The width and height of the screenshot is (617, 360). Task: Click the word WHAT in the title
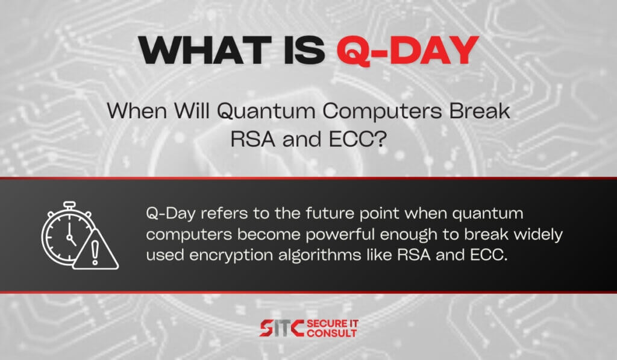(205, 51)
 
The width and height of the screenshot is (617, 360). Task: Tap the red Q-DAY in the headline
(408, 51)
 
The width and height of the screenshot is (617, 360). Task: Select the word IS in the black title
(304, 51)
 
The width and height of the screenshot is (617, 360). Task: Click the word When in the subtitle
(137, 111)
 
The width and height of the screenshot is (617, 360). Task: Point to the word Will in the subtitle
(192, 110)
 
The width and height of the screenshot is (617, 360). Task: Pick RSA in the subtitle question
(252, 139)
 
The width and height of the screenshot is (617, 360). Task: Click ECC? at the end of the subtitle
(358, 139)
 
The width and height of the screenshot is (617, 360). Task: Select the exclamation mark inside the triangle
(95, 253)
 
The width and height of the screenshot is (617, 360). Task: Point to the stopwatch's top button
(69, 205)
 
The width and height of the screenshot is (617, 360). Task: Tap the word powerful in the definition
(340, 235)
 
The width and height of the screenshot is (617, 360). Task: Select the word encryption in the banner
(231, 255)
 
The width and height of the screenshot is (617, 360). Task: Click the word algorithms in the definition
(320, 255)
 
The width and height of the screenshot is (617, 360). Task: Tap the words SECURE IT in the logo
(333, 324)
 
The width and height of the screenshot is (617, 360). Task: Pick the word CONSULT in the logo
(332, 333)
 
